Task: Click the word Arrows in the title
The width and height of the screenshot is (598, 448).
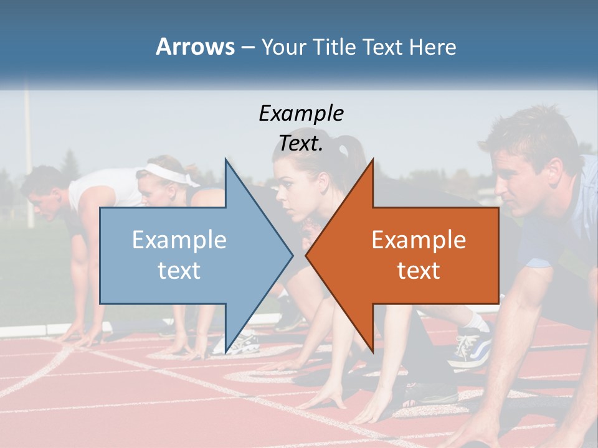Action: [195, 47]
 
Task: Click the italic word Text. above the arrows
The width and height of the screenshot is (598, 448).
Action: [301, 143]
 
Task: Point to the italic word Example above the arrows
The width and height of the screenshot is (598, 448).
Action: [301, 114]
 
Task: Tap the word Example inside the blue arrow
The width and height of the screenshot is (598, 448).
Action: [179, 240]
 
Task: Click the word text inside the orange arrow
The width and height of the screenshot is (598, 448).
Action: [419, 270]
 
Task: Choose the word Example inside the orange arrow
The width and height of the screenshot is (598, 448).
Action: [419, 240]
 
